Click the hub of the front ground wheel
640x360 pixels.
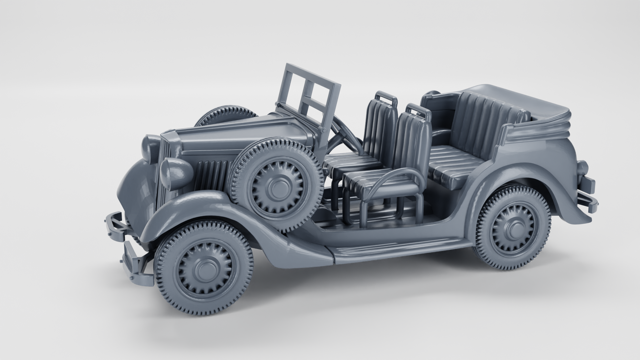(x=204, y=268)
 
